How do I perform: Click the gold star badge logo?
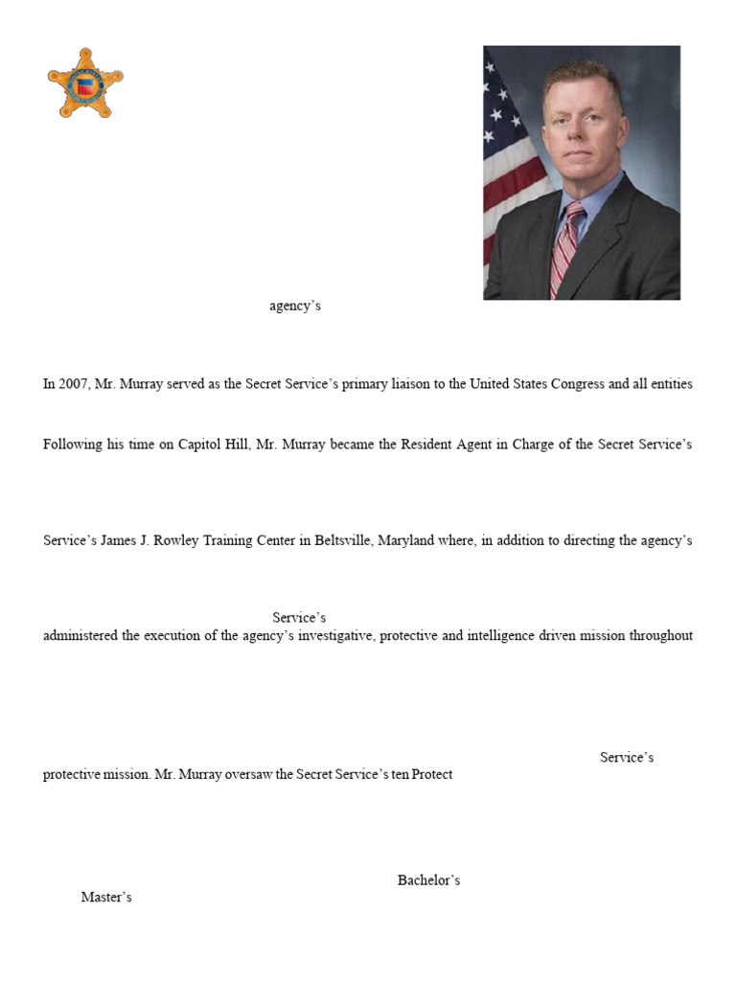pyautogui.click(x=86, y=83)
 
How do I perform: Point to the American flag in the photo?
pyautogui.click(x=508, y=163)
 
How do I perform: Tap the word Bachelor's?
pyautogui.click(x=428, y=880)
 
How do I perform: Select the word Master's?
pyautogui.click(x=106, y=898)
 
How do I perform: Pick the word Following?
pyautogui.click(x=73, y=445)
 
